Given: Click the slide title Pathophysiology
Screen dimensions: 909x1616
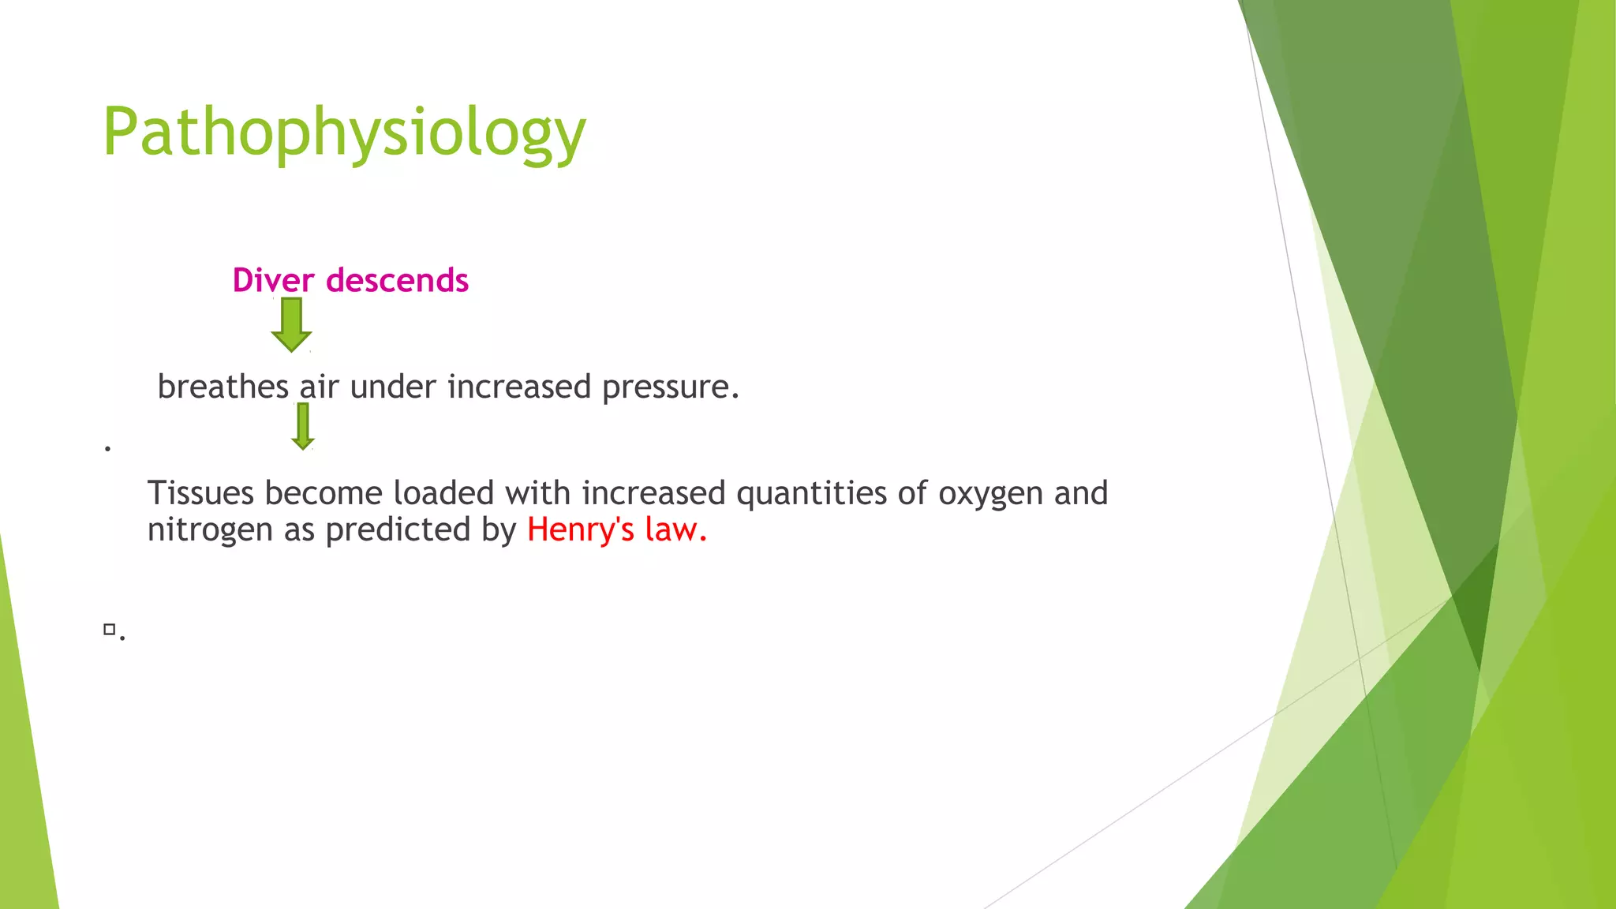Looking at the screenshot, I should [x=344, y=133].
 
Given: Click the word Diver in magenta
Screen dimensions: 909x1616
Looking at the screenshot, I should [x=273, y=280].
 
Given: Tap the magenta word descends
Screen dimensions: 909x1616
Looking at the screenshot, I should [x=398, y=280].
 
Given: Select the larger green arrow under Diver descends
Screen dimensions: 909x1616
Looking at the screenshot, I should [x=291, y=324].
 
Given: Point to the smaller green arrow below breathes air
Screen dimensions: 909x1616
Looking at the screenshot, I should [x=302, y=425].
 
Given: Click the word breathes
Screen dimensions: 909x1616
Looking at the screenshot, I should [x=223, y=387].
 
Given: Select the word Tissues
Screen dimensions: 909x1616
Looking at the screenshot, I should [x=200, y=493].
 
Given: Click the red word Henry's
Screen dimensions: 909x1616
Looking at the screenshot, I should [x=580, y=529].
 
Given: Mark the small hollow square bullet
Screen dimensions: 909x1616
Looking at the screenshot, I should [x=110, y=629].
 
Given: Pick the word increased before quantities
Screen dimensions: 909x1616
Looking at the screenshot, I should [x=653, y=493].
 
